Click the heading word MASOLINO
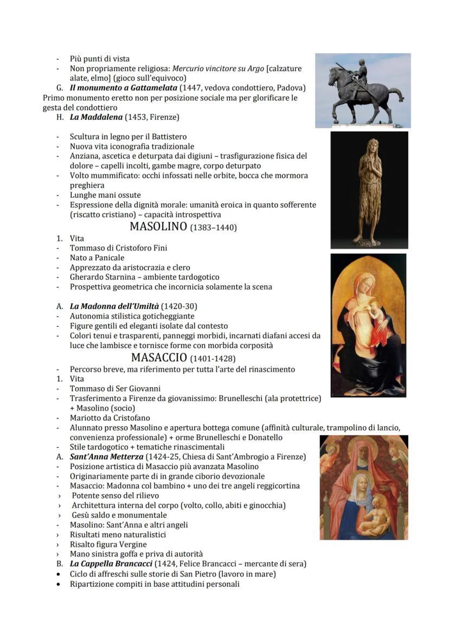[x=158, y=227]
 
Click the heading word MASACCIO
[x=159, y=358]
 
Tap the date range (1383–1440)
[x=213, y=228]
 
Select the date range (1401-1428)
[x=213, y=359]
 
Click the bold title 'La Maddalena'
[x=96, y=117]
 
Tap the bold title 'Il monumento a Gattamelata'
[x=123, y=88]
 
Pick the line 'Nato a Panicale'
[x=97, y=258]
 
